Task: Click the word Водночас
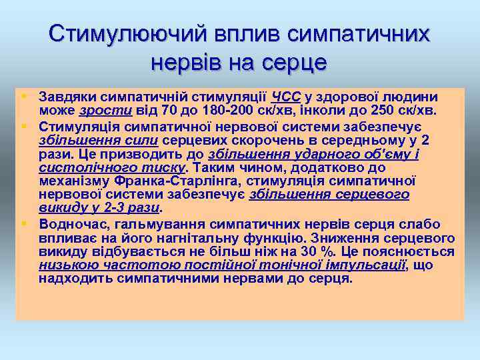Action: [x=69, y=223]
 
